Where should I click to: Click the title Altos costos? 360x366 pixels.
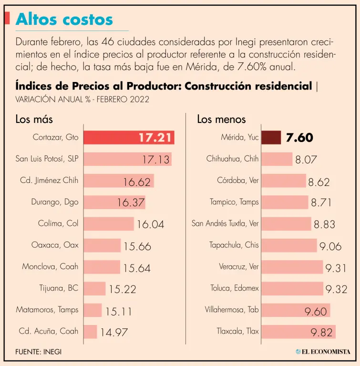pyautogui.click(x=64, y=19)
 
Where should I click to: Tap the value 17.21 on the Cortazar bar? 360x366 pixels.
pyautogui.click(x=155, y=138)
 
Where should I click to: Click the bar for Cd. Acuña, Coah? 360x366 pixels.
pyautogui.click(x=90, y=331)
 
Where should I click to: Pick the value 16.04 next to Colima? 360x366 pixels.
pyautogui.click(x=151, y=224)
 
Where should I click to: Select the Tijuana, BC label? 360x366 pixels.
pyautogui.click(x=59, y=288)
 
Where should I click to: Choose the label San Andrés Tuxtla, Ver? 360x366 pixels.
pyautogui.click(x=225, y=223)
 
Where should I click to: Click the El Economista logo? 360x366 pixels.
pyautogui.click(x=323, y=352)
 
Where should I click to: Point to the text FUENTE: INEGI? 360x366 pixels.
pyautogui.click(x=39, y=352)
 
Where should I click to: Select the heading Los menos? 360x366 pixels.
pyautogui.click(x=221, y=119)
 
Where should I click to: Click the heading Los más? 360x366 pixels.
pyautogui.click(x=34, y=119)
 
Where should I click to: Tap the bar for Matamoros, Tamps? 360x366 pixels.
pyautogui.click(x=93, y=310)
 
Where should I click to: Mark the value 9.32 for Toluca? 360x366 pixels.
pyautogui.click(x=336, y=289)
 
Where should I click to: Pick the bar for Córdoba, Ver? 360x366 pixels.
pyautogui.click(x=283, y=181)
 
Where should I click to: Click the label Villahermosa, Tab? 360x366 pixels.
pyautogui.click(x=232, y=309)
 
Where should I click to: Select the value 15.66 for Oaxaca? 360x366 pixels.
pyautogui.click(x=137, y=246)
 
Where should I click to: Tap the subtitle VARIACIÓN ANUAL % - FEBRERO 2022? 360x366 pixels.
pyautogui.click(x=82, y=99)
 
